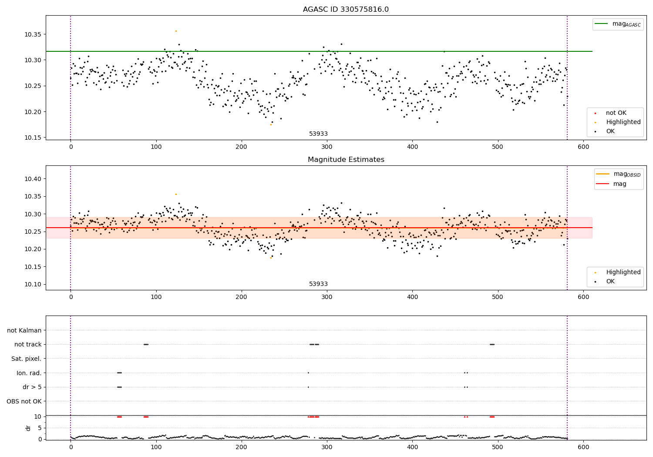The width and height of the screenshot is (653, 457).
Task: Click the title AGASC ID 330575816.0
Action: point(346,10)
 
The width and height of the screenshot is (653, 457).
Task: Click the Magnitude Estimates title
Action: point(346,160)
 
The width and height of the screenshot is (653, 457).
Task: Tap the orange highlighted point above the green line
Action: point(176,31)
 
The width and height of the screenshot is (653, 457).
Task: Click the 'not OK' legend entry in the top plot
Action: point(616,113)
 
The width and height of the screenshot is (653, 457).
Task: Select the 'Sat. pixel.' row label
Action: point(26,359)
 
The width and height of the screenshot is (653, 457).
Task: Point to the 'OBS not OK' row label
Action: point(24,401)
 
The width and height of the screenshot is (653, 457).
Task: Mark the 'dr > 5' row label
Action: point(32,387)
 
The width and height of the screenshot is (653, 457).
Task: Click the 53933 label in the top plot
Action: point(318,134)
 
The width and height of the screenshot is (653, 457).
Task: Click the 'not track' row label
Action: point(28,344)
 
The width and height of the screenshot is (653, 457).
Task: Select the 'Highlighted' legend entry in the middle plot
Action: point(623,272)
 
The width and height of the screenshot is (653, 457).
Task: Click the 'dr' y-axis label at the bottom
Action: point(28,428)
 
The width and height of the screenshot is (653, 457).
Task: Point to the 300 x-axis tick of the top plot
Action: point(327,147)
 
